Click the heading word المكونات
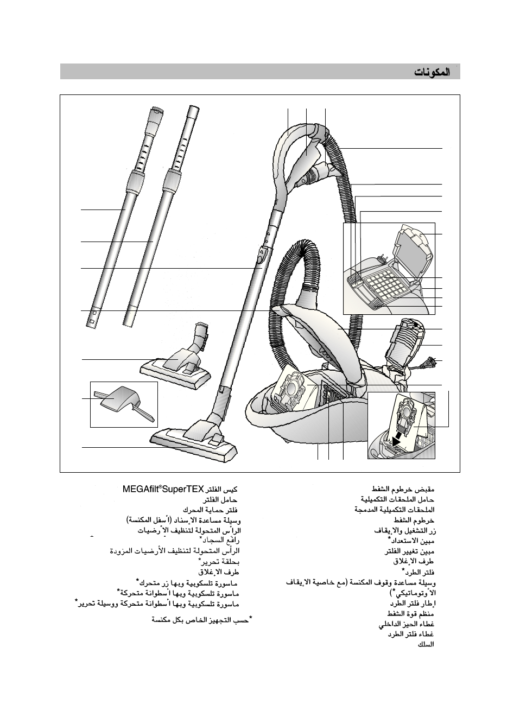(432, 72)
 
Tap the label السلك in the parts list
(426, 644)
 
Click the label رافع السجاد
(220, 541)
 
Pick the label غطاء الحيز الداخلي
(407, 624)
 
